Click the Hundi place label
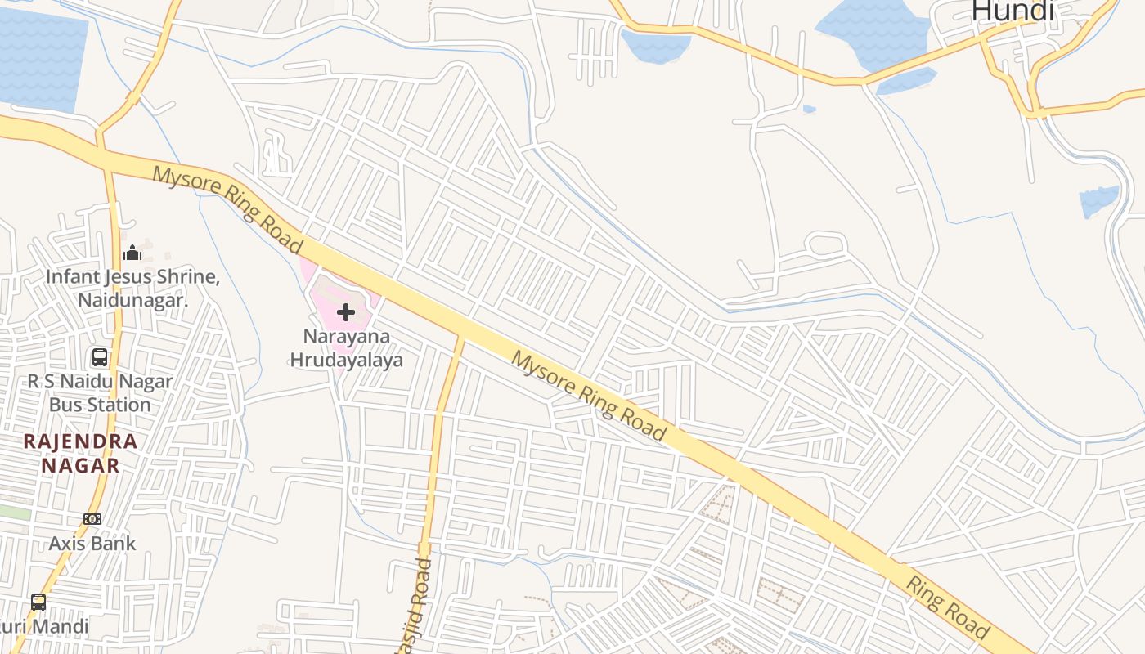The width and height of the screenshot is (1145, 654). [x=1013, y=11]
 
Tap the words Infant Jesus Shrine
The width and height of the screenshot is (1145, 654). [x=132, y=276]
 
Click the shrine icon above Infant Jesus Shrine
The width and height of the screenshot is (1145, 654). [x=132, y=253]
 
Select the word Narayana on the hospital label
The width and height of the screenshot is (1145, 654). [x=346, y=336]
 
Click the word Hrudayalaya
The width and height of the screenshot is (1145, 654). [x=346, y=360]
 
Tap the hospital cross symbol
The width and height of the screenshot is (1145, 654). [x=346, y=311]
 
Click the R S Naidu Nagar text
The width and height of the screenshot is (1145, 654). [x=100, y=381]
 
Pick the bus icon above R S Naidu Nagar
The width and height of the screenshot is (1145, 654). [x=100, y=357]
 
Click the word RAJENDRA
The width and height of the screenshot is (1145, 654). [x=80, y=441]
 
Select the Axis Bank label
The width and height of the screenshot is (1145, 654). [x=92, y=543]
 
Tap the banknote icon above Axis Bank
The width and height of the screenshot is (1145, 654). [x=92, y=519]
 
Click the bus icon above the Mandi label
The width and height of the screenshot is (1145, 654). [x=38, y=602]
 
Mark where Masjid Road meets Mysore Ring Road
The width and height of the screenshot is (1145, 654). [x=460, y=337]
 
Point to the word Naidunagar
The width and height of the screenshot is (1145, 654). [x=132, y=300]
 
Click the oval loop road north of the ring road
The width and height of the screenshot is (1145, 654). [x=826, y=244]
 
